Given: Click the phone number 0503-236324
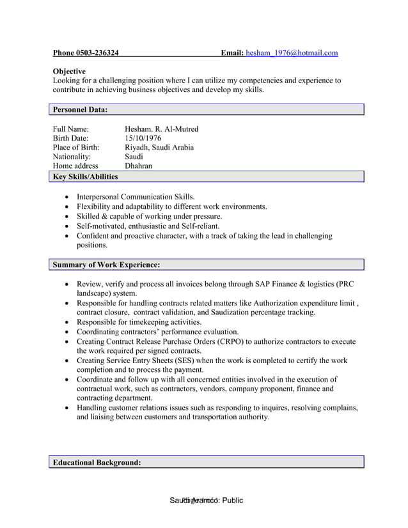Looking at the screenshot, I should point(97,53).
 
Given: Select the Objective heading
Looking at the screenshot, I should point(69,71).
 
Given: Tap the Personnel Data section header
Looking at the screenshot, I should point(80,110).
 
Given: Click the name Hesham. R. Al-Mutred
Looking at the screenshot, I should point(161,129).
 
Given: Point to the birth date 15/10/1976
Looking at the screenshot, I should point(143,138).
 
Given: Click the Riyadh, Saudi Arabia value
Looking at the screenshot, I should point(159,147).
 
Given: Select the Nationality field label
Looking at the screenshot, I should point(72,156).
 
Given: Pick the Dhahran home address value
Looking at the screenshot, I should point(138,166).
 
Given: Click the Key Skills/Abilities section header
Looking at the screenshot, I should point(85,176).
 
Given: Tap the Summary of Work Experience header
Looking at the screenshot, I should point(106,265).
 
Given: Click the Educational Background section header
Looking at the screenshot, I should point(97,462).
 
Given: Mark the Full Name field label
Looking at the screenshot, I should point(70,129).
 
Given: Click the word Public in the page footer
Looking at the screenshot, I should point(231,501).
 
